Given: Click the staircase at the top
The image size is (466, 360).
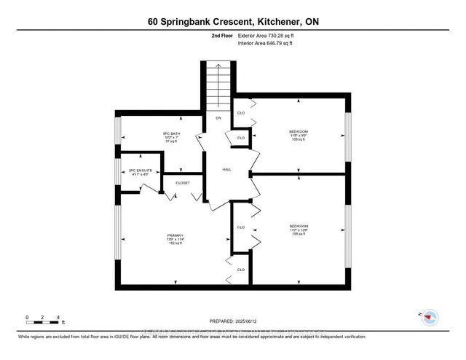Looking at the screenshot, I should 216,85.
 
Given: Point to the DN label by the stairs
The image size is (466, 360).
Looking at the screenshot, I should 217,117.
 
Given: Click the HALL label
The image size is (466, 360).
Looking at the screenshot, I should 227,168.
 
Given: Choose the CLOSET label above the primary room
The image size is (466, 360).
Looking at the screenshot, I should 182,183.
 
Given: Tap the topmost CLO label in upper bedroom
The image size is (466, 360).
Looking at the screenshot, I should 241,112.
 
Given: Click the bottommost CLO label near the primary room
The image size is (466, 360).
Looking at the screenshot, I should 240,270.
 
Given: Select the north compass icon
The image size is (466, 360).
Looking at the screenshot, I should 430,317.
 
